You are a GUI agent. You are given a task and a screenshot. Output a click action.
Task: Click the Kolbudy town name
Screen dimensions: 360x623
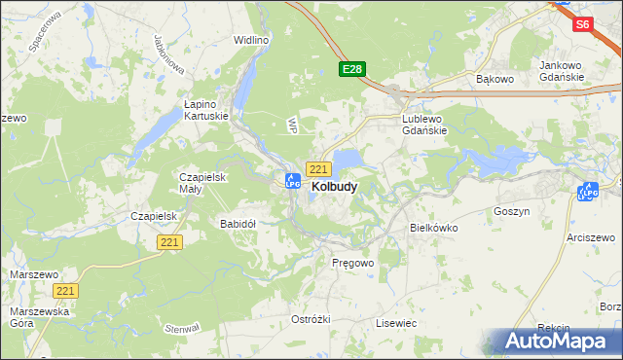tap(334, 186)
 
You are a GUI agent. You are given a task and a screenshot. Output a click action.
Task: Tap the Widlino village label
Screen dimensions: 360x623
tap(251, 40)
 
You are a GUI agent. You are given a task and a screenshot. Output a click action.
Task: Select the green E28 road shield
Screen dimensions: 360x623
tap(352, 69)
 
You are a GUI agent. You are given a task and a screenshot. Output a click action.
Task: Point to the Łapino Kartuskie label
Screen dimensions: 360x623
tap(206, 108)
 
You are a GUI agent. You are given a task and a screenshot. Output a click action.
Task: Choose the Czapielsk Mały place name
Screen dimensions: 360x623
tap(202, 183)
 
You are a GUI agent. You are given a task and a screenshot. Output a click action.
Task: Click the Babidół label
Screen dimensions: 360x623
tap(238, 223)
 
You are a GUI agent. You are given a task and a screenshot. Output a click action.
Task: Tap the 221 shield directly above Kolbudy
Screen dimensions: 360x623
tap(317, 168)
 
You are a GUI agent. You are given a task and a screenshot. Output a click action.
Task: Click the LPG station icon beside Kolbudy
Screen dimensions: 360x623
tap(292, 180)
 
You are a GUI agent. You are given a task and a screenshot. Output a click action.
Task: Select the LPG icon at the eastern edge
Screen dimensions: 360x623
tap(587, 193)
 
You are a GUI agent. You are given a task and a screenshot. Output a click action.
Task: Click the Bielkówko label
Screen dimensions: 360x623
tap(433, 227)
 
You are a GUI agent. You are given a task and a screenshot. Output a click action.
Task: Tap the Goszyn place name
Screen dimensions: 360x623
tap(511, 210)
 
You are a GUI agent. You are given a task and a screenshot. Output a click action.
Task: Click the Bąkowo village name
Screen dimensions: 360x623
tap(494, 77)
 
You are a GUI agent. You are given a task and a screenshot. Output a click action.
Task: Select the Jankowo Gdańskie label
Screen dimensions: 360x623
tap(561, 71)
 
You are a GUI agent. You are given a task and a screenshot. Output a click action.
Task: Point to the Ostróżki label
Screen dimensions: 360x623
tap(311, 319)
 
